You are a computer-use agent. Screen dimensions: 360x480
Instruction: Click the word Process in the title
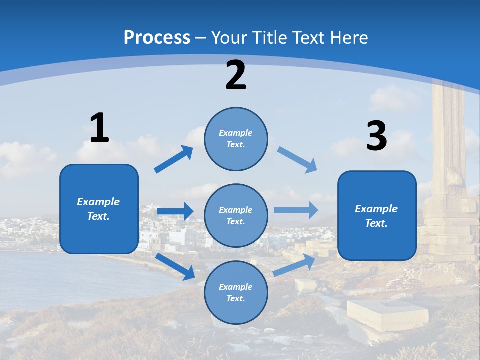click(x=157, y=37)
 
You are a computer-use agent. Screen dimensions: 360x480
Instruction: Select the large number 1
click(x=99, y=128)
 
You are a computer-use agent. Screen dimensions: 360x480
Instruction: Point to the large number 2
click(x=236, y=75)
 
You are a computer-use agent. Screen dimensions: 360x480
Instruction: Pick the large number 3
click(x=377, y=136)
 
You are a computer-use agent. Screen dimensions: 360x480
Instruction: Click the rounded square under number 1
click(x=99, y=209)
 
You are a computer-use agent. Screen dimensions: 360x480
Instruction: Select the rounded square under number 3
click(x=377, y=216)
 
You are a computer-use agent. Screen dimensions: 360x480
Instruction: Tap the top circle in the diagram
click(x=236, y=139)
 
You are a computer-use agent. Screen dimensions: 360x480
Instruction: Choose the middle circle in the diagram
click(x=236, y=215)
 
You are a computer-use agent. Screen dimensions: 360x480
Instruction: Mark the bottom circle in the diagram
click(x=236, y=292)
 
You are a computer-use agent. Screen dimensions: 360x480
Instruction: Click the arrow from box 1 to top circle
click(x=174, y=159)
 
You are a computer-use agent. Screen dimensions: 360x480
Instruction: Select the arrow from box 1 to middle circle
click(x=175, y=211)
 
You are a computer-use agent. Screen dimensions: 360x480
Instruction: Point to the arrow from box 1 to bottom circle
click(x=175, y=266)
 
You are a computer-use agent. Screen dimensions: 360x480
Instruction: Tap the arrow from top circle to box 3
click(x=297, y=160)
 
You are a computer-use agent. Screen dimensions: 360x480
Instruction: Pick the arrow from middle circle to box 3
click(x=295, y=210)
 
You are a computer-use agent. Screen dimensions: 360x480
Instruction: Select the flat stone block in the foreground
click(x=387, y=313)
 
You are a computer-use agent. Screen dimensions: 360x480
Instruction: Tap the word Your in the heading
click(x=230, y=37)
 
